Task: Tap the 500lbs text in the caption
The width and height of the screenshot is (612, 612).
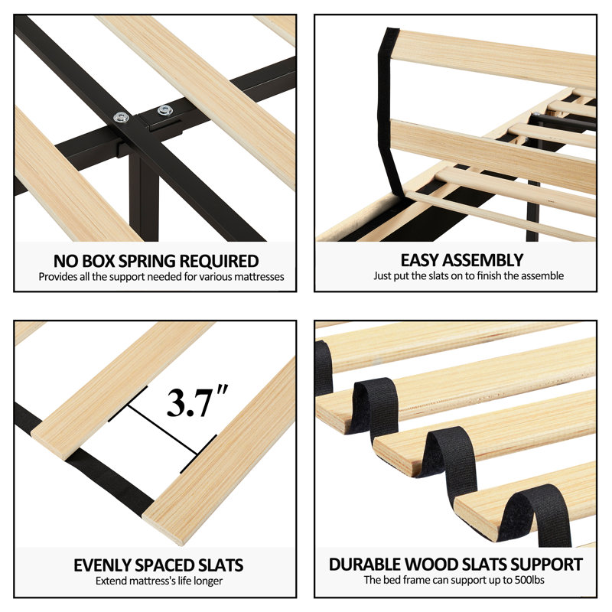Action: [x=529, y=580]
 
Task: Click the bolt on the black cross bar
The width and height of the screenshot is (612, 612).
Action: [x=122, y=117]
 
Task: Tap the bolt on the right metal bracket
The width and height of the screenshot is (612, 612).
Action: [x=165, y=110]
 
